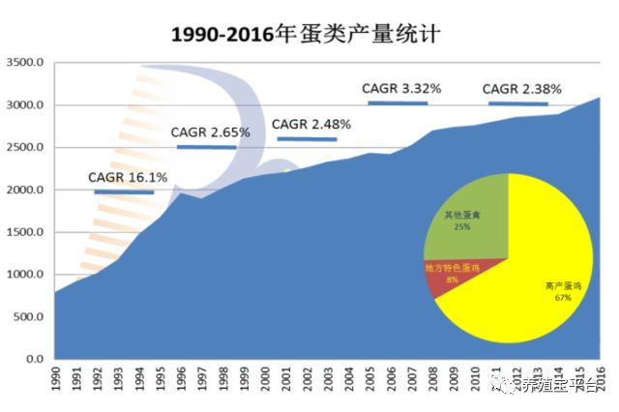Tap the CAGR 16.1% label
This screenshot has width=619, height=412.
click(128, 178)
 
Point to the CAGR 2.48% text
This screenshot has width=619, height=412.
click(310, 125)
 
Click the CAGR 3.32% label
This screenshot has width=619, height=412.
click(401, 89)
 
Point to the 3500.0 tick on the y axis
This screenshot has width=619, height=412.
click(26, 63)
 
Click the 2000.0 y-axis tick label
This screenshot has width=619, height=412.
click(26, 190)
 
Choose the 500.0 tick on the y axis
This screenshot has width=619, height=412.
click(29, 317)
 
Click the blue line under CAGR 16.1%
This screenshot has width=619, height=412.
click(124, 192)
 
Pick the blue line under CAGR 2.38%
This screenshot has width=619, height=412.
click(518, 103)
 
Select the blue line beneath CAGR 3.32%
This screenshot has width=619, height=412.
click(398, 103)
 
